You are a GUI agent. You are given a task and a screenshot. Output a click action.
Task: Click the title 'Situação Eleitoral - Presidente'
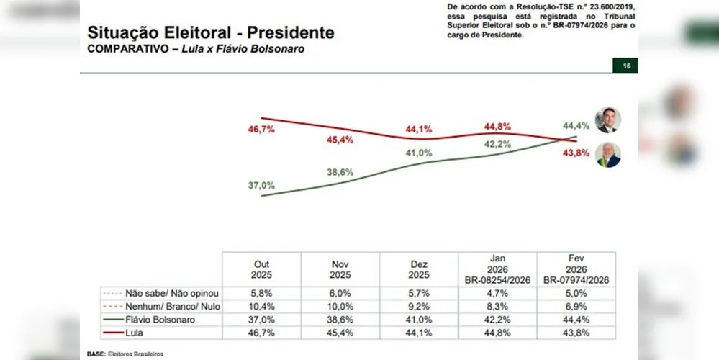coord(210,33)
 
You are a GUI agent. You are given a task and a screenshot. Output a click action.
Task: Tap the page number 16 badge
coord(626,66)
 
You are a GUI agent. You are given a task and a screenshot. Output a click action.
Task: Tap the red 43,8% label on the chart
coord(576,152)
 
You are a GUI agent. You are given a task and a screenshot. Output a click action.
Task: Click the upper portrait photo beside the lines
coord(607,120)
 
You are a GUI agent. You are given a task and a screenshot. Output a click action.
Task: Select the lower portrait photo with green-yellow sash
coord(608,154)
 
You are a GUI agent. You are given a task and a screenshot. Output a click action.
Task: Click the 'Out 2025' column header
coord(262,269)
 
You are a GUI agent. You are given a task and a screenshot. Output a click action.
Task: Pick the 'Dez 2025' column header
coord(419,269)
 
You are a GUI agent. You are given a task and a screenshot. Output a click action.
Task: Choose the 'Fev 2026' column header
coord(576,269)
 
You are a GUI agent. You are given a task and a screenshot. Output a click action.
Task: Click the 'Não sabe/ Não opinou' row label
coord(171,293)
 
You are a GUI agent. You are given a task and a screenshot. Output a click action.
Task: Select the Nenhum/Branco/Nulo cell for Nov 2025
coord(340,306)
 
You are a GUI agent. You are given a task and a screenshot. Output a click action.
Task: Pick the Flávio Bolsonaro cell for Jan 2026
coord(498,319)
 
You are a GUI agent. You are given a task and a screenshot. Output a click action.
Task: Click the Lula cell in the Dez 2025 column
coord(419,332)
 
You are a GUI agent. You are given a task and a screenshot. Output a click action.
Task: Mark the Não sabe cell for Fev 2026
coord(576,293)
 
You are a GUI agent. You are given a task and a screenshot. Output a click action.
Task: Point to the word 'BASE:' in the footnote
coord(96,354)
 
